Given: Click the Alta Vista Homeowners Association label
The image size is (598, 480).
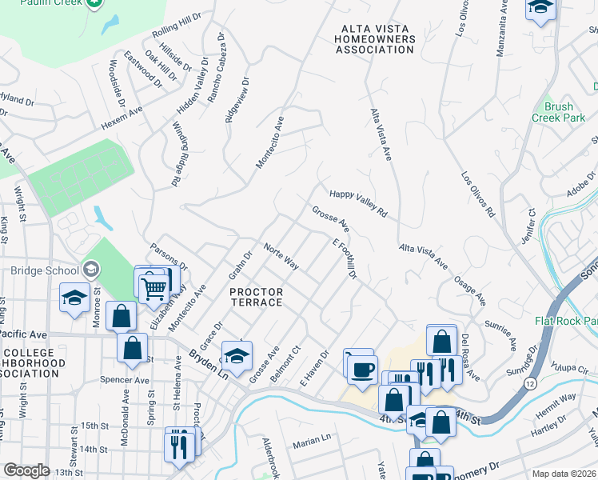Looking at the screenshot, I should pyautogui.click(x=374, y=39).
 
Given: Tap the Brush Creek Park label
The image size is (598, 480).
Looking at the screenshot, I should pyautogui.click(x=558, y=112).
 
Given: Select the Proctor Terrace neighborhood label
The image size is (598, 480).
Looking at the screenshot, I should pyautogui.click(x=256, y=297).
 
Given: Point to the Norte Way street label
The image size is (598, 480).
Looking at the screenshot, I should pyautogui.click(x=281, y=257).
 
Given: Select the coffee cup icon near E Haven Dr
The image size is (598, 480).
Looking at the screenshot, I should pyautogui.click(x=362, y=368).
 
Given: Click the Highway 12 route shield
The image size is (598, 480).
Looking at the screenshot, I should pyautogui.click(x=530, y=385).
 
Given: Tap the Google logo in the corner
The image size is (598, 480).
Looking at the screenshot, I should pyautogui.click(x=26, y=470).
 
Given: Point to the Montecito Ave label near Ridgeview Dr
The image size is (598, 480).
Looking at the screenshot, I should pyautogui.click(x=269, y=142).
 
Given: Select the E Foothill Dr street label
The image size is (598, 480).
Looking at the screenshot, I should pyautogui.click(x=344, y=259).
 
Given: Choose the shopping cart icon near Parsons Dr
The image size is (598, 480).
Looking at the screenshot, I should pyautogui.click(x=153, y=286).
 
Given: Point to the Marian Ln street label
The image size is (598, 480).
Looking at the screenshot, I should pyautogui.click(x=311, y=439).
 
